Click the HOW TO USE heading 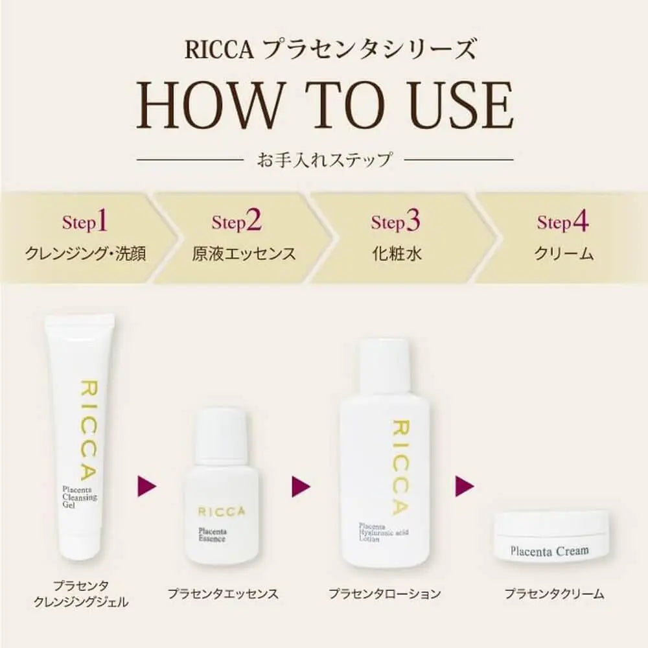tap(325, 106)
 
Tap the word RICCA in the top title tap(219, 50)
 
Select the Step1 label tap(85, 222)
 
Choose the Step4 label tap(563, 222)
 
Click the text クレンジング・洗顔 tap(86, 253)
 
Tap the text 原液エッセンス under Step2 tap(244, 253)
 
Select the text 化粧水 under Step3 tap(397, 253)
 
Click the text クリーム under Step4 tap(564, 253)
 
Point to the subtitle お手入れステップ tap(324, 159)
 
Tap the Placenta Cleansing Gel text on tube tap(79, 497)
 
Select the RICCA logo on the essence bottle tap(222, 512)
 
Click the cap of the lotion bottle tap(383, 364)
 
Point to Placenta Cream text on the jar tap(550, 551)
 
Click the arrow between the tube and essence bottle tap(146, 486)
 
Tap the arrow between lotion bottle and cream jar tap(465, 486)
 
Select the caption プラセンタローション tap(384, 594)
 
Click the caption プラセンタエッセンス tap(223, 594)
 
